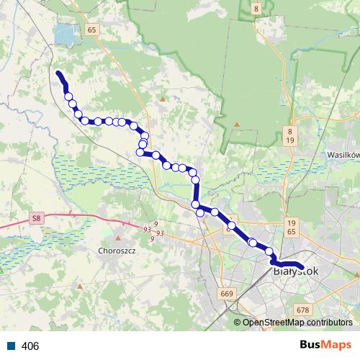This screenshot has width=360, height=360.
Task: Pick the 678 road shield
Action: click(302, 310)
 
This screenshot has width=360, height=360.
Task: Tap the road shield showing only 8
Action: click(256, 8)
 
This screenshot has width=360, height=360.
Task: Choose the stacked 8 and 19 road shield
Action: click(289, 136)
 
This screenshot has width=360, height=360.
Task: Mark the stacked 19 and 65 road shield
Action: click(291, 228)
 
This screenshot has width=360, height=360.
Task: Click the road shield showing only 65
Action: click(90, 30)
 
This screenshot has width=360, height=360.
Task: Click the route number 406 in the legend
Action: click(30, 346)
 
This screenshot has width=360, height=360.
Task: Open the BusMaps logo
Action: click(325, 346)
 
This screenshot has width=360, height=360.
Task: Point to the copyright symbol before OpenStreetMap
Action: click(238, 323)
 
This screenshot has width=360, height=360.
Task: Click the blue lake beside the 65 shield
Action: click(66, 33)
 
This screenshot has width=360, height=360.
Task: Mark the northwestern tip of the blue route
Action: click(58, 72)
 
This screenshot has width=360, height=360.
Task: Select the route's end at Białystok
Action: click(303, 269)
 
